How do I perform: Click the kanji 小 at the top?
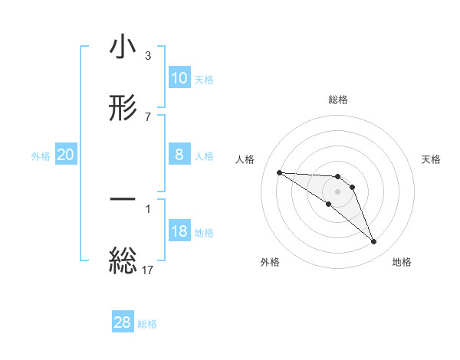pos(123,48)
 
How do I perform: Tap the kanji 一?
pos(123,201)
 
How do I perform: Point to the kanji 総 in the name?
pos(123,260)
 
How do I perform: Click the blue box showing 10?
pos(179,78)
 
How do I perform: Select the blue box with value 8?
pos(179,155)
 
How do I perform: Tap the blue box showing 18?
pos(179,231)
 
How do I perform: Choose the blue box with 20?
pos(66,155)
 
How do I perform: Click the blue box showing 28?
pos(123,322)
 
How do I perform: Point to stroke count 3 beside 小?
pos(148,56)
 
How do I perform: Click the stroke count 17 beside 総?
pos(148,269)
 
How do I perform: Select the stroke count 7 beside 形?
pos(148,116)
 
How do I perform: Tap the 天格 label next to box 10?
pos(204,79)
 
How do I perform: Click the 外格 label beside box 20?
pos(41,155)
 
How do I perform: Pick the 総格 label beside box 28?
pos(147,323)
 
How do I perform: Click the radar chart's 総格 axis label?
pos(338,100)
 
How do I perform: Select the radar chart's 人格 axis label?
pos(246,159)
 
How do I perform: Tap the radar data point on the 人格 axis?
pos(279,172)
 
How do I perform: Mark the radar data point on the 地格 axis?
pos(374,242)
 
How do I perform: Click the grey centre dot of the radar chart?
pos(338,191)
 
